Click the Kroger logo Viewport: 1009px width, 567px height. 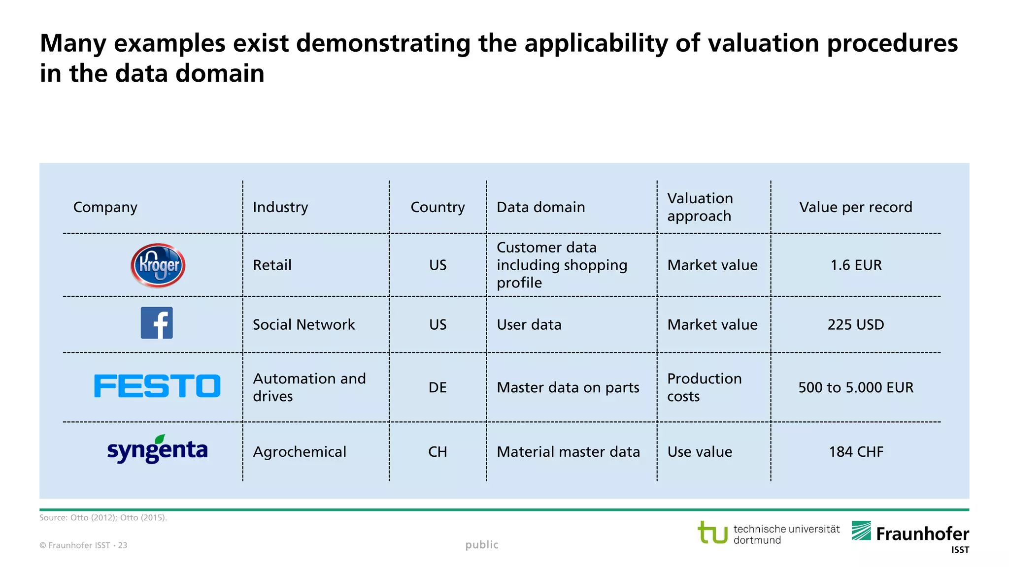tap(158, 265)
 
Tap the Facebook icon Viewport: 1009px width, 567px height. tap(157, 323)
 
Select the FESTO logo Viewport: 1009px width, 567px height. tap(157, 386)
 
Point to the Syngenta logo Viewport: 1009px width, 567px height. tap(157, 449)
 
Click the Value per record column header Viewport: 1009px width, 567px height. tap(855, 207)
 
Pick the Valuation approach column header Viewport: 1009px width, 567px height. tap(700, 207)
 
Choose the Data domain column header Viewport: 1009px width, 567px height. tap(540, 207)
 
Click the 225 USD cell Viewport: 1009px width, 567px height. tap(855, 325)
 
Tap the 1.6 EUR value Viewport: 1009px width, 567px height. tap(856, 265)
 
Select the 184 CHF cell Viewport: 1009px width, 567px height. tap(856, 452)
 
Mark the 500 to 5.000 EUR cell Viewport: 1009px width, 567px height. tap(855, 387)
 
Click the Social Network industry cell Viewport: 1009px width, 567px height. tap(303, 325)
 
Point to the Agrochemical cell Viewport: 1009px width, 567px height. tap(300, 452)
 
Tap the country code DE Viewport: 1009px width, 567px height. tap(437, 387)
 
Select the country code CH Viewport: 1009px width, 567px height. tap(437, 452)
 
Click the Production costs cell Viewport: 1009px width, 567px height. tap(704, 387)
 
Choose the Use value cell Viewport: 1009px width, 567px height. tap(700, 452)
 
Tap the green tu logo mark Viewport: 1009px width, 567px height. tap(712, 533)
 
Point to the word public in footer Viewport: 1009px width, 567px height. tap(482, 545)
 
